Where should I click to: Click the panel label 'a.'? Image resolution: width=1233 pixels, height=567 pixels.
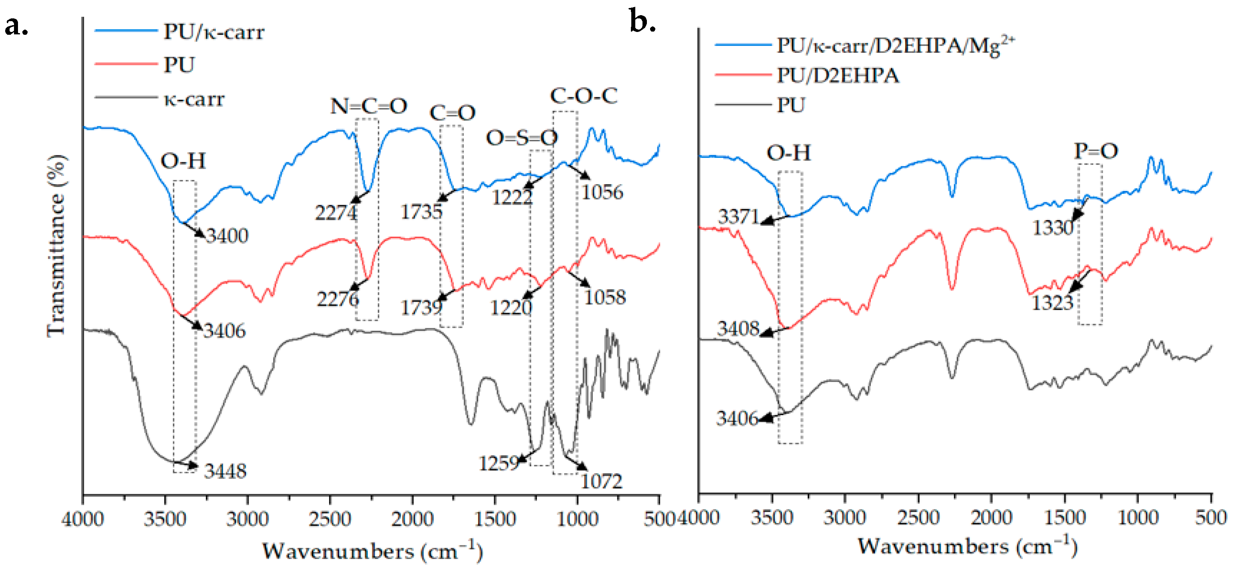[16, 26]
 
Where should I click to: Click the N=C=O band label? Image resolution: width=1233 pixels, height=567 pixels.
[369, 106]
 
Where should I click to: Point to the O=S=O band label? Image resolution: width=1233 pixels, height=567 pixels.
[522, 138]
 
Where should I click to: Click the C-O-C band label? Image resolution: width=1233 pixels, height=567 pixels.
[584, 96]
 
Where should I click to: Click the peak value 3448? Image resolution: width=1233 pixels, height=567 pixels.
[225, 472]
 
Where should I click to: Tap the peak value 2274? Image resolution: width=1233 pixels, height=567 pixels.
[336, 213]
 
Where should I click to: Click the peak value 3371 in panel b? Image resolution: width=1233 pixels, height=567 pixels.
[738, 217]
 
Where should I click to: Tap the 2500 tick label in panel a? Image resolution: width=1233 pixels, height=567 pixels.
[330, 519]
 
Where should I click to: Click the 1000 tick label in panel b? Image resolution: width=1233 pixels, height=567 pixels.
[1138, 518]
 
